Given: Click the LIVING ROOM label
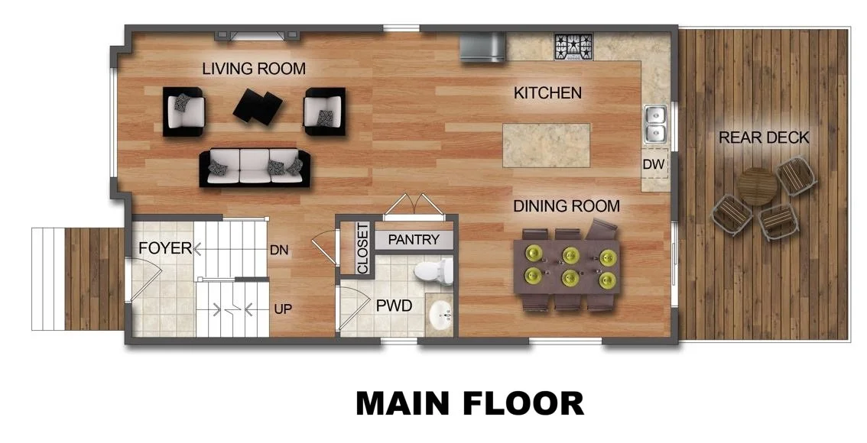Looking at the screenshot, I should point(254,69).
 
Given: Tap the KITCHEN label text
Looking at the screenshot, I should point(547,93).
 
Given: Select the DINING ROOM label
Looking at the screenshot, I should point(566,206).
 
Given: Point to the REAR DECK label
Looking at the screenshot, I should point(764,137).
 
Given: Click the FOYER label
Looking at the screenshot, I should point(164,248).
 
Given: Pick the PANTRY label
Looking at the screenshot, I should point(414,240).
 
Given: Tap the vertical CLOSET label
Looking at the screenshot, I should point(362,248).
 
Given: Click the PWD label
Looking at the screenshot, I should point(394,306).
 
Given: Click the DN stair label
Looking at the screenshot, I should point(278,249).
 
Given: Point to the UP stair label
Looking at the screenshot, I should point(281,309).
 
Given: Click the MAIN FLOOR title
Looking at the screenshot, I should point(469,403).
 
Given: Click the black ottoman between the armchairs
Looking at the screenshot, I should point(258,107).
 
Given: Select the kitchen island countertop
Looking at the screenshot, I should point(547,145).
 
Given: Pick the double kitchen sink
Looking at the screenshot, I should point(655,124).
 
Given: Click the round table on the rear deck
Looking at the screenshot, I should point(758,186).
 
